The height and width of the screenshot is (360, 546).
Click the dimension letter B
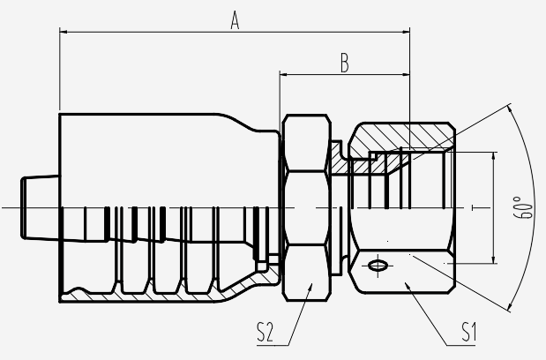(345, 64)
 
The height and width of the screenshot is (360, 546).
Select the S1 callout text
(468, 333)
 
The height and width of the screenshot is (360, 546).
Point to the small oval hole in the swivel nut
(376, 265)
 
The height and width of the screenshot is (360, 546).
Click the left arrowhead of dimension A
(64, 33)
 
